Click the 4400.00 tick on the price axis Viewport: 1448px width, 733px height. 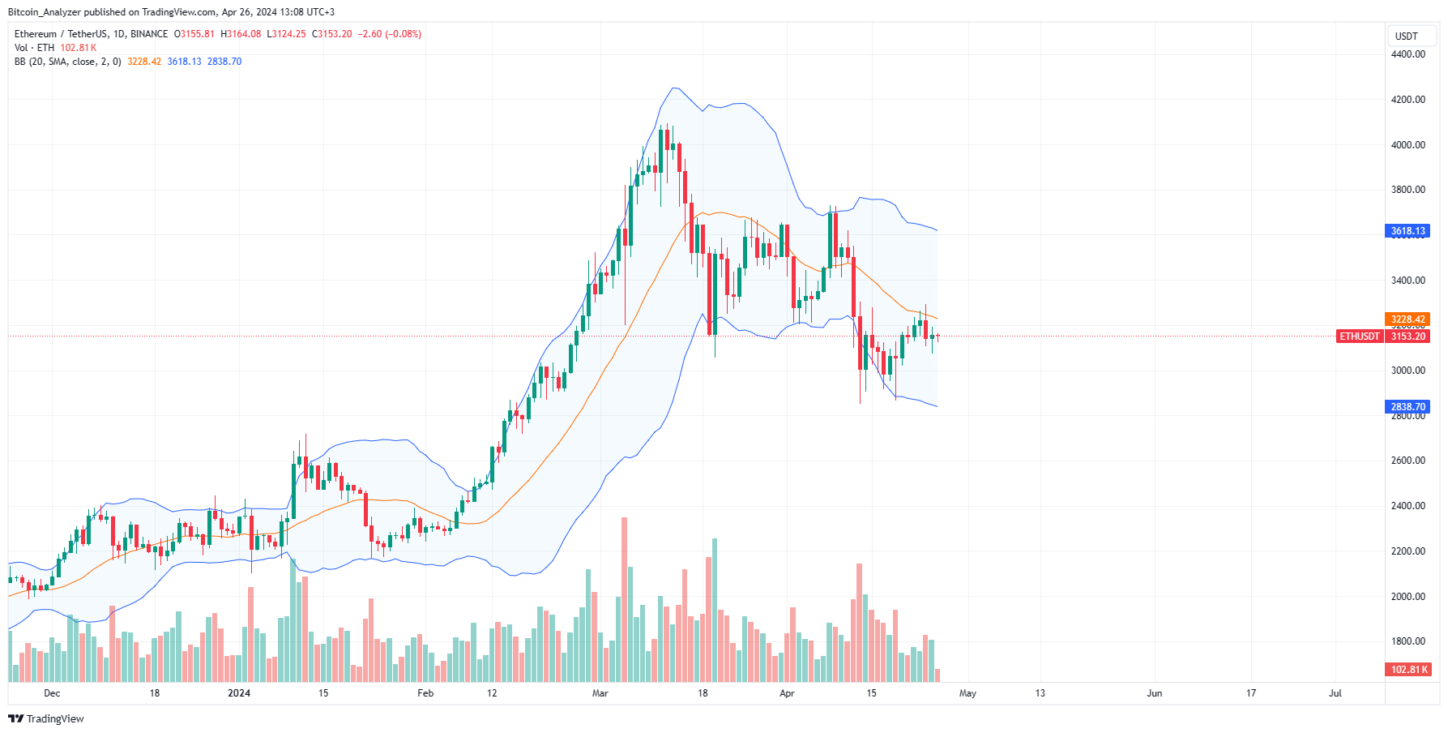tap(1407, 54)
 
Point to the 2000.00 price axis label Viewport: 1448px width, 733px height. tap(1407, 596)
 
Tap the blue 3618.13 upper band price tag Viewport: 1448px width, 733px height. tap(1407, 231)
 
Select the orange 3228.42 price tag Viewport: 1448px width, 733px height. tap(1407, 319)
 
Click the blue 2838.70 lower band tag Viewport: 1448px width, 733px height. tap(1407, 407)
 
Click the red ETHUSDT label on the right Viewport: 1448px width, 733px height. tap(1359, 336)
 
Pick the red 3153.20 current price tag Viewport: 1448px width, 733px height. tap(1407, 336)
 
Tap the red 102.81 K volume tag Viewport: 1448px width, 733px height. tap(1409, 670)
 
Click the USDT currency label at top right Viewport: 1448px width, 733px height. tap(1406, 36)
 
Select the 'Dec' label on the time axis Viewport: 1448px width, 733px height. tap(52, 693)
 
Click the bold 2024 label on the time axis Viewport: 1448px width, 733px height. tap(239, 693)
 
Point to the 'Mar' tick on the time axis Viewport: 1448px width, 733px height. tap(600, 693)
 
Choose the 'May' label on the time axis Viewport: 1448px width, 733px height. tap(967, 693)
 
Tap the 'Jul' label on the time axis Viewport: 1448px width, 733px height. tap(1335, 693)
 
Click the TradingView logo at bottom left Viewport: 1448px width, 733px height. tap(46, 718)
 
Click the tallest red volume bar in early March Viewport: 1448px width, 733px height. tap(624, 600)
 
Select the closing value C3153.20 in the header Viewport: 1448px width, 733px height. tap(331, 34)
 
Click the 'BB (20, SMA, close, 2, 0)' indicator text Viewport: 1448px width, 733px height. tap(67, 62)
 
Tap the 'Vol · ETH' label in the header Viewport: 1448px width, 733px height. tap(34, 48)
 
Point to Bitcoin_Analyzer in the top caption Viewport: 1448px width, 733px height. tap(45, 12)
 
